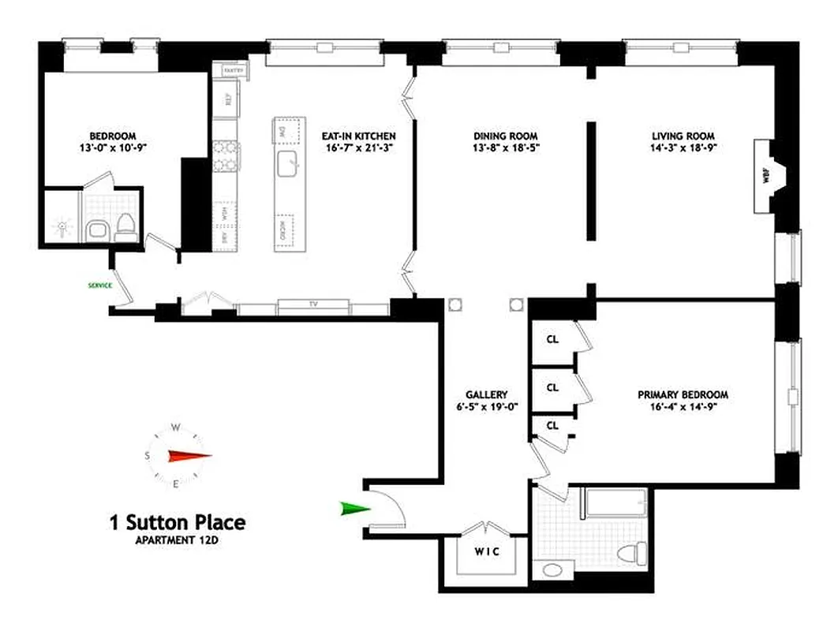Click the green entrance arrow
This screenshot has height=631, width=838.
(x=354, y=509)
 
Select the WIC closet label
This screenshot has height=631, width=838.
(x=486, y=552)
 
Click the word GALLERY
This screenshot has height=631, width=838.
(x=486, y=394)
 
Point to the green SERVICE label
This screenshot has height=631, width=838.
(x=100, y=285)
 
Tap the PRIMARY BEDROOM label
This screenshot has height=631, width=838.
(x=683, y=394)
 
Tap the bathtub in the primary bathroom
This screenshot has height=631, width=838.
(x=614, y=502)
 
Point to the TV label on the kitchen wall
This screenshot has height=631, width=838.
(x=312, y=304)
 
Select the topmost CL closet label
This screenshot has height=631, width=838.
(x=552, y=339)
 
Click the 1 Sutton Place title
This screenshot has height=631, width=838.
(x=177, y=521)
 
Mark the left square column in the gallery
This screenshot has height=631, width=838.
(x=455, y=304)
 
